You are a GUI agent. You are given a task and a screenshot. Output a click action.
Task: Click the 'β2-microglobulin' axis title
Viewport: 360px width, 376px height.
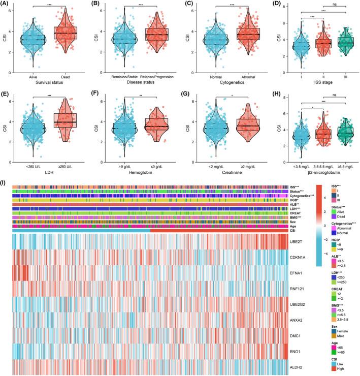tap(316, 161)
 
